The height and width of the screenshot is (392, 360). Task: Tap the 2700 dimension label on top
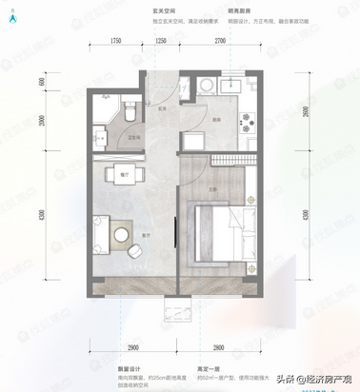point(219,43)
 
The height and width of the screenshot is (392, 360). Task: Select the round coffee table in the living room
point(121,230)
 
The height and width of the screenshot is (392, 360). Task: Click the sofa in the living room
point(101,232)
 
